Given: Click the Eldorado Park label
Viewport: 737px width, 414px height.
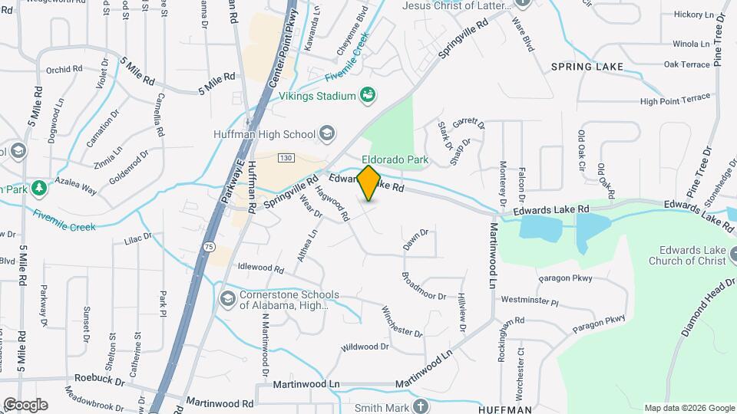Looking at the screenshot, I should [395, 160].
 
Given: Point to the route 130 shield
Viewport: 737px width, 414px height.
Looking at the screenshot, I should [286, 157].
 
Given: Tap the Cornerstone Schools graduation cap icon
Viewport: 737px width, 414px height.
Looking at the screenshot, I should [227, 297].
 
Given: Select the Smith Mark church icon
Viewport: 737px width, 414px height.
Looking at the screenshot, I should [420, 407].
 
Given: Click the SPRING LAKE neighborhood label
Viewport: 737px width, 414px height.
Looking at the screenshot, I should [587, 67].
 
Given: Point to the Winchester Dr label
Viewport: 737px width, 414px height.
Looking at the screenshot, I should [402, 322].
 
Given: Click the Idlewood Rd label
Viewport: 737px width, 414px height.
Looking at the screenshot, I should [261, 269].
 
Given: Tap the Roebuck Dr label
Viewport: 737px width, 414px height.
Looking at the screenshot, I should [99, 379].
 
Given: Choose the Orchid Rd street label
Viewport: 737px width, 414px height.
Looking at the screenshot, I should [64, 69].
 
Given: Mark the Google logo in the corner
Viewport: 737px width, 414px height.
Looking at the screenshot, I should [25, 404].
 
